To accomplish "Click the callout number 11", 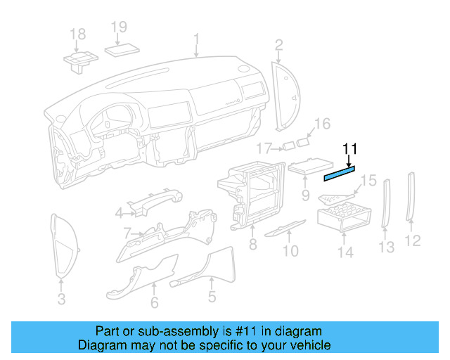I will (350, 148).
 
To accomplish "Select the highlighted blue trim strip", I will (339, 173).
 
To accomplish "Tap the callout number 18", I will (77, 34).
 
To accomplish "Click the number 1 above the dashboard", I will (196, 39).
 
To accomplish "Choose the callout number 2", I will (278, 46).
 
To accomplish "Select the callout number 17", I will (264, 148).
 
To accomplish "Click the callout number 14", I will (345, 252).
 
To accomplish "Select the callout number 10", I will (290, 250).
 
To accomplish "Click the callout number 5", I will (212, 297).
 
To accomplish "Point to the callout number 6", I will (154, 303).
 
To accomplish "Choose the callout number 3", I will (61, 300).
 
